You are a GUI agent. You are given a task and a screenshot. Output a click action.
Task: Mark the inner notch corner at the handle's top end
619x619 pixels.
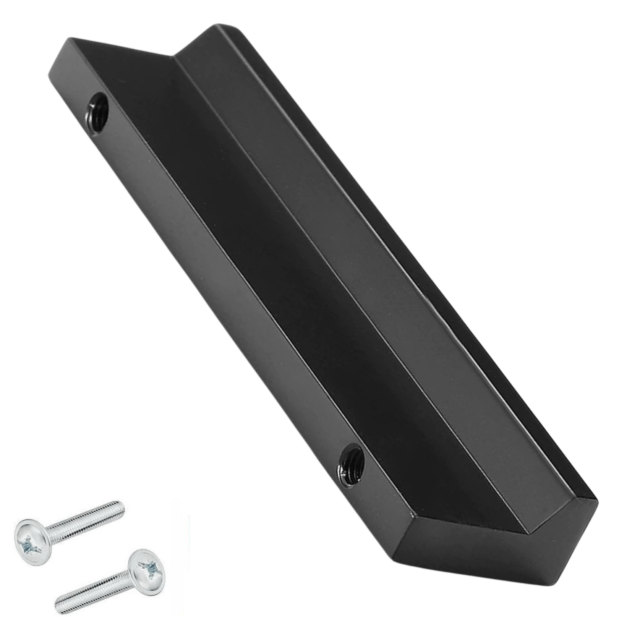click(175, 57)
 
